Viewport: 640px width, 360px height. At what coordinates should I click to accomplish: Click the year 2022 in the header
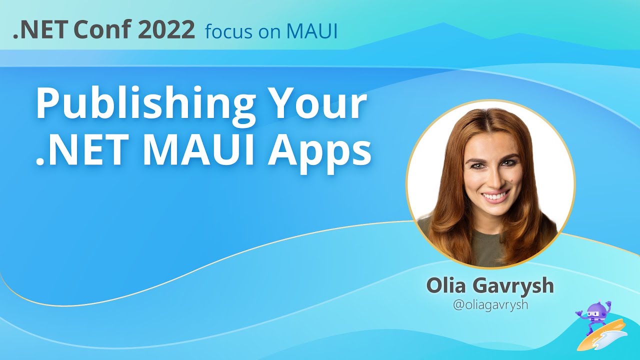tap(166, 30)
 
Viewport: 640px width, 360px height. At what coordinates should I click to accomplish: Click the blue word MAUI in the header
tap(312, 31)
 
